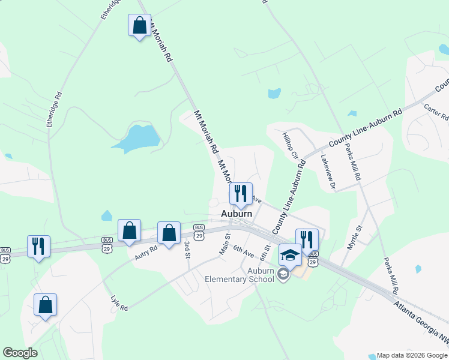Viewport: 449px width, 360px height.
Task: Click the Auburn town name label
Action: (x=237, y=213)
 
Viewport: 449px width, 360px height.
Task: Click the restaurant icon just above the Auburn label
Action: (x=241, y=193)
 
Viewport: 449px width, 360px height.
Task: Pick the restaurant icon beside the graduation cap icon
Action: (x=307, y=239)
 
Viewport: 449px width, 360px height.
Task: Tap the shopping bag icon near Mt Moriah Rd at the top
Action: (x=139, y=26)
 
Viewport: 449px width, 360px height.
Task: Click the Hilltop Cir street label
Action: (x=291, y=146)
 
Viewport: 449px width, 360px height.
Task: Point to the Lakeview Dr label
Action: (x=328, y=173)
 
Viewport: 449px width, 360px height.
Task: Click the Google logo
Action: (x=20, y=353)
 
